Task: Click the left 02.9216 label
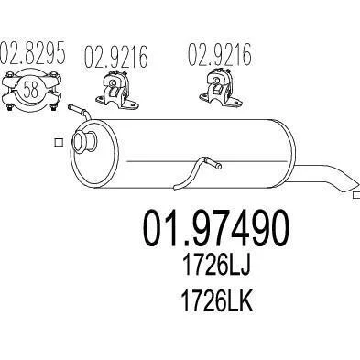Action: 116,57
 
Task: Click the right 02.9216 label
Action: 219,54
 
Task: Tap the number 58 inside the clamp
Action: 31,90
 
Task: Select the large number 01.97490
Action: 215,228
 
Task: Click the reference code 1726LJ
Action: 216,265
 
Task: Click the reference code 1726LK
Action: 217,300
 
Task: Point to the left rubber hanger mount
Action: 117,90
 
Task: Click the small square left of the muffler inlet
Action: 59,142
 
